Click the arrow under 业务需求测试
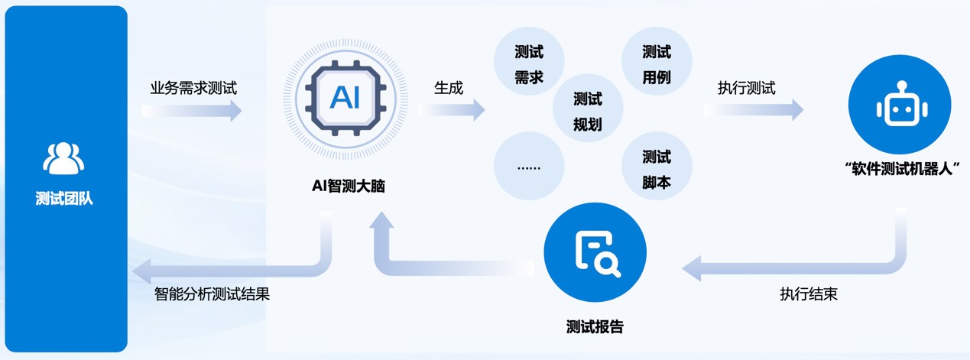(x=193, y=111)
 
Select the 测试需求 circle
(x=529, y=66)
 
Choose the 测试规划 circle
(x=588, y=111)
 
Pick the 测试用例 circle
(x=657, y=66)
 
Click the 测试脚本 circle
(x=657, y=170)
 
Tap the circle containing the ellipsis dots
(x=529, y=167)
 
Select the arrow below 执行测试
(x=754, y=110)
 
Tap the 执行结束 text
(x=809, y=294)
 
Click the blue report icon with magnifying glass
(x=595, y=253)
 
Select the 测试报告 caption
(x=595, y=327)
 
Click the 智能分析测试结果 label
(x=212, y=294)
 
